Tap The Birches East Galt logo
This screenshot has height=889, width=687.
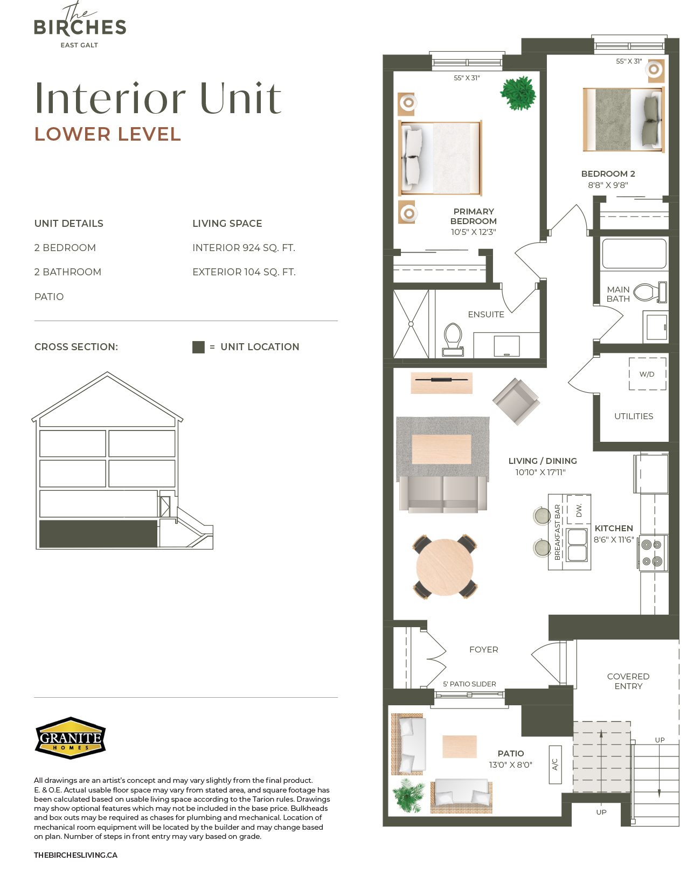coord(80,25)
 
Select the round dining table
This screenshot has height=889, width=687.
coord(445,567)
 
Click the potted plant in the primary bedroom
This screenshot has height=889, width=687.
coord(518,93)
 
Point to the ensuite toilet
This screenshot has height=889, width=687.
coord(453,339)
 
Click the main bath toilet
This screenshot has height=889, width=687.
coord(650,292)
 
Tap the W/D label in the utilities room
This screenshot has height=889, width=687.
coord(647,374)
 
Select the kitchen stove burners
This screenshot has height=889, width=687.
coord(653,552)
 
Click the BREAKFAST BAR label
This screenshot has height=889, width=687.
coord(557,532)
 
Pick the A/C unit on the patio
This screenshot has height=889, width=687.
coord(555,764)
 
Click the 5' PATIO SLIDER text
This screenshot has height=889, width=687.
coord(469,684)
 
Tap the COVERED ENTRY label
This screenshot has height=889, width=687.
coord(628,681)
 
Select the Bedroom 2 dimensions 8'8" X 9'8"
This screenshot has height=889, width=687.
coord(608,185)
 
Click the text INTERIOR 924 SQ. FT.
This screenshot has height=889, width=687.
coord(244,247)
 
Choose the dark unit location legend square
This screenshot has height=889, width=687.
coord(198,347)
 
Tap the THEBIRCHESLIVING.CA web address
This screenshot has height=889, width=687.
coord(75,855)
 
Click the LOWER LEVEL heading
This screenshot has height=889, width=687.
coord(108,134)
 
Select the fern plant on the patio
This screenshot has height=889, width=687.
coord(408,795)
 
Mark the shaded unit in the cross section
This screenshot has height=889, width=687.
coord(98,533)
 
